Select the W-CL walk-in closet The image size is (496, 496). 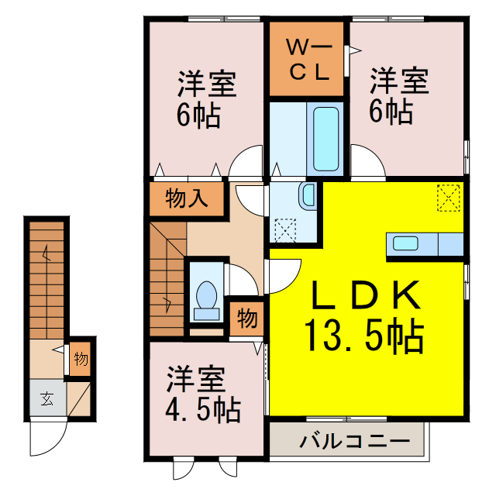click(308, 60)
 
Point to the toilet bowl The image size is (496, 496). click(207, 298)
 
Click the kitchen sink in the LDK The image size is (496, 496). click(406, 243)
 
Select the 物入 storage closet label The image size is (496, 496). click(187, 199)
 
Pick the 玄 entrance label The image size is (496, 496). click(46, 400)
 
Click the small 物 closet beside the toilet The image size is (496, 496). click(246, 318)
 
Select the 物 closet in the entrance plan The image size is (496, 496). click(81, 358)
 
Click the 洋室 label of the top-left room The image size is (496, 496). click(206, 82)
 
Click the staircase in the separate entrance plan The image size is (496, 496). click(46, 279)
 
